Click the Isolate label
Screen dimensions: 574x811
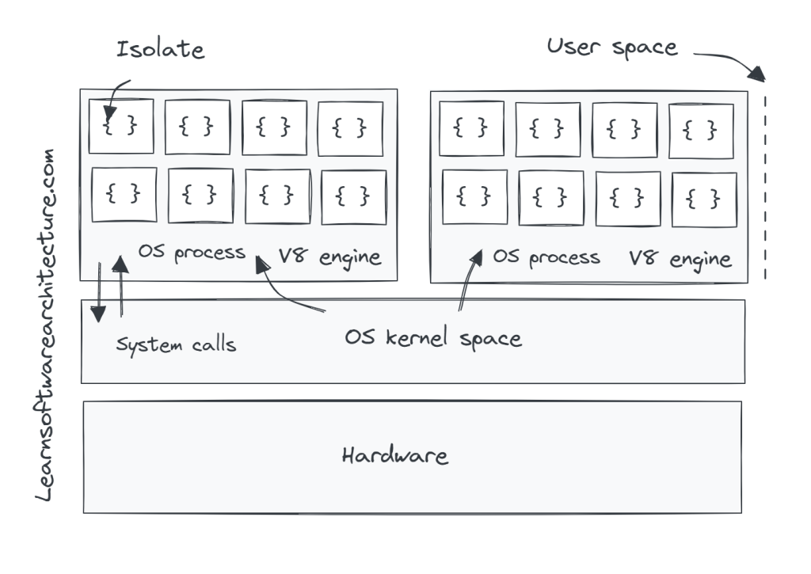160,49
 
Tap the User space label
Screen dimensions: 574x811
611,47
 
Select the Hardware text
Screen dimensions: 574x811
394,456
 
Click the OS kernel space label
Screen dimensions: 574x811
433,338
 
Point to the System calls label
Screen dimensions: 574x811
176,345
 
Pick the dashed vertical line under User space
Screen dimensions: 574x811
766,187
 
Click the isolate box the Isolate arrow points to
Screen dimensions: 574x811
121,126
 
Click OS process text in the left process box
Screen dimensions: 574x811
191,253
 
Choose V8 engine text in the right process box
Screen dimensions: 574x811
680,259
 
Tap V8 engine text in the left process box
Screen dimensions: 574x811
329,257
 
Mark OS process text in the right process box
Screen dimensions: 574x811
546,257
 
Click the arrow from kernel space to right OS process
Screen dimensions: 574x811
468,281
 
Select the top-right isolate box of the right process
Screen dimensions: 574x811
701,130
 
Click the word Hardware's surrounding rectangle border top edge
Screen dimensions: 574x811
412,401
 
